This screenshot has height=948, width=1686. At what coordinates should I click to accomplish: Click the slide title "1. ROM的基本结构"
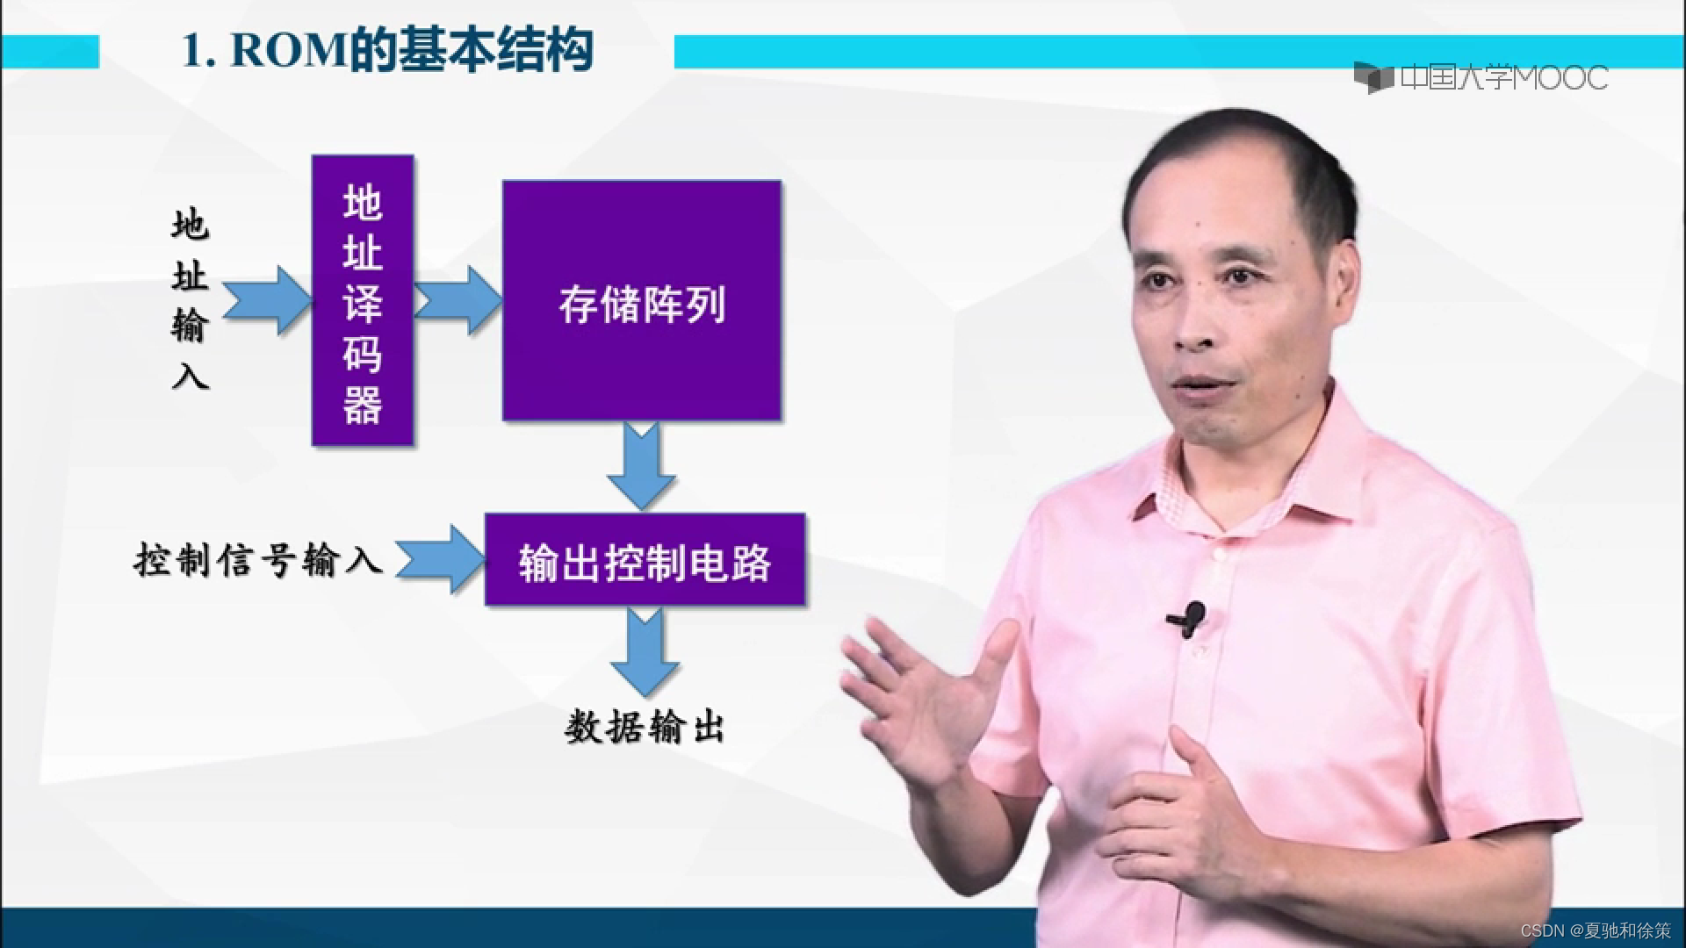[x=386, y=51]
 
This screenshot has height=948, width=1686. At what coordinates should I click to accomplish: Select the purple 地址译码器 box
[x=363, y=300]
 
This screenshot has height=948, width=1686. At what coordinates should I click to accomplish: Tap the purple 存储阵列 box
[x=641, y=300]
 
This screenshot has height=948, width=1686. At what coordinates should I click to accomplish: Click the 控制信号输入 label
[x=258, y=559]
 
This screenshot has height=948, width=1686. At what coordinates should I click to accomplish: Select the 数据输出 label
[x=644, y=728]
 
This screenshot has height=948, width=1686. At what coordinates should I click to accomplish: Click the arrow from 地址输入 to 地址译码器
[x=267, y=300]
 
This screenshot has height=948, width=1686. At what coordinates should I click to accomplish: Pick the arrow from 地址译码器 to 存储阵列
[x=458, y=300]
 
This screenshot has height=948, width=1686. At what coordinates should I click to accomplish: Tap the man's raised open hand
[x=922, y=693]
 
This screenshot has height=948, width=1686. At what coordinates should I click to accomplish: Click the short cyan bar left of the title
[x=49, y=51]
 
